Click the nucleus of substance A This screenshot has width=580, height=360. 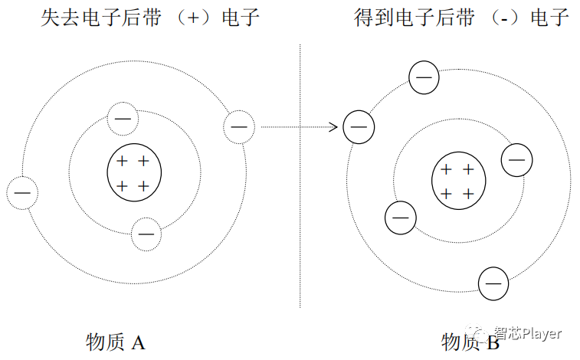133,174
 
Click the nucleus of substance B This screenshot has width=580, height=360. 458,182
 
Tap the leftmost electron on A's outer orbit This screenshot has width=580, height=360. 22,193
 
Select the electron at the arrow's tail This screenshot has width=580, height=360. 238,126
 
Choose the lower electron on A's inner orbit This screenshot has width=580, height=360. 146,234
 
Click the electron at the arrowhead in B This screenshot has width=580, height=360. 358,127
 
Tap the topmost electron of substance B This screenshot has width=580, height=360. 424,77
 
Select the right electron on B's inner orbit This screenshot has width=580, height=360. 516,160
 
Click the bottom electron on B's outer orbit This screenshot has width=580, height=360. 493,283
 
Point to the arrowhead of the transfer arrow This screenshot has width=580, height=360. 335,127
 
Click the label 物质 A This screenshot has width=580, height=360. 116,342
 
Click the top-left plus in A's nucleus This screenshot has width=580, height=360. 121,162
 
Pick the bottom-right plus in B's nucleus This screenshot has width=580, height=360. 469,194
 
